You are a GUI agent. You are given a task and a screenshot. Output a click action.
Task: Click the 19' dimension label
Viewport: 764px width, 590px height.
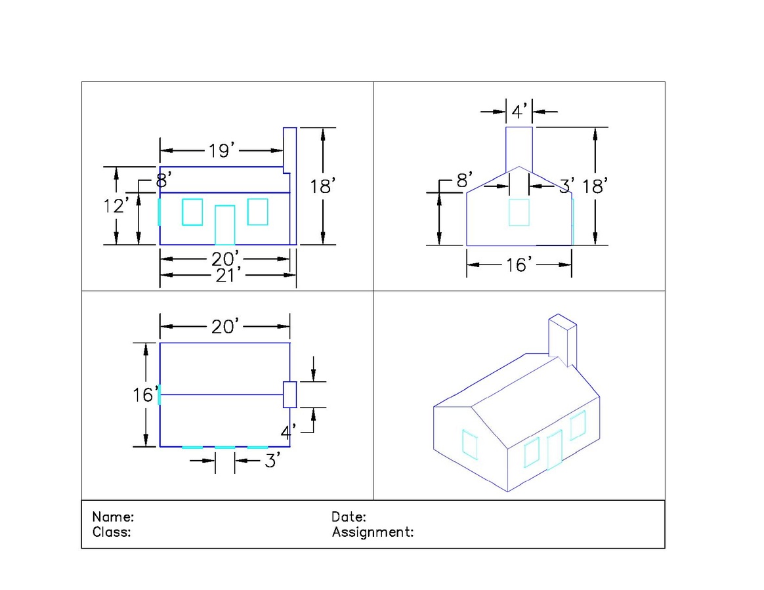pyautogui.click(x=222, y=150)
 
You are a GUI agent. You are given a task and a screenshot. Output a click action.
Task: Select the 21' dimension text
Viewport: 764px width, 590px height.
pyautogui.click(x=228, y=275)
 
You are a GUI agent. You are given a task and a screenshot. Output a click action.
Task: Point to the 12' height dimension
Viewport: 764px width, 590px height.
pyautogui.click(x=116, y=205)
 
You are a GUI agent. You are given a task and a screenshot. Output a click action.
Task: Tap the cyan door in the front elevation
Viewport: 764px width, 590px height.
pyautogui.click(x=224, y=225)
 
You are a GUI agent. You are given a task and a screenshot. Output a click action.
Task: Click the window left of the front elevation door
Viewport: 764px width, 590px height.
pyautogui.click(x=192, y=212)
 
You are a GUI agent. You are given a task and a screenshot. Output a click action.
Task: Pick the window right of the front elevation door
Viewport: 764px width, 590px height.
pyautogui.click(x=258, y=212)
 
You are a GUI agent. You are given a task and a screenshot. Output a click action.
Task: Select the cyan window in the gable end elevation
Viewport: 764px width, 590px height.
pyautogui.click(x=519, y=213)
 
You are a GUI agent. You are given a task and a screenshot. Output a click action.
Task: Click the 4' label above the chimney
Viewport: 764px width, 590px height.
pyautogui.click(x=519, y=112)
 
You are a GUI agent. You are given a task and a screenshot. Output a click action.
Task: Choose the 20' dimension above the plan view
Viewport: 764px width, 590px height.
pyautogui.click(x=225, y=326)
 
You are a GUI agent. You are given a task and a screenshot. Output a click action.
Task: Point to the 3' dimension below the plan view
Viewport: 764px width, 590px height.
pyautogui.click(x=272, y=461)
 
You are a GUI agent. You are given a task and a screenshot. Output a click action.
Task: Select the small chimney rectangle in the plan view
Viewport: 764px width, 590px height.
pyautogui.click(x=290, y=394)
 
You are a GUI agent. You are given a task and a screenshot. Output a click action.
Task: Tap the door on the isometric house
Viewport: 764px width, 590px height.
pyautogui.click(x=555, y=450)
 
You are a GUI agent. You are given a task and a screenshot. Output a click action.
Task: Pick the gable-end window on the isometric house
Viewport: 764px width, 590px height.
pyautogui.click(x=470, y=444)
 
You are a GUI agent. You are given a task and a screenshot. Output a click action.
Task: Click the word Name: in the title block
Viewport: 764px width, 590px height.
pyautogui.click(x=113, y=517)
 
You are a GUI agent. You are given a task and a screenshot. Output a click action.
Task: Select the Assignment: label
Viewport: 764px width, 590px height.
pyautogui.click(x=373, y=532)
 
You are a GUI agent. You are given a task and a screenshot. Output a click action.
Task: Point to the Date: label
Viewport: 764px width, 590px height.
pyautogui.click(x=349, y=517)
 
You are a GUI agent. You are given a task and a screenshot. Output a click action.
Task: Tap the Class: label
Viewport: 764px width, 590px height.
pyautogui.click(x=112, y=532)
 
